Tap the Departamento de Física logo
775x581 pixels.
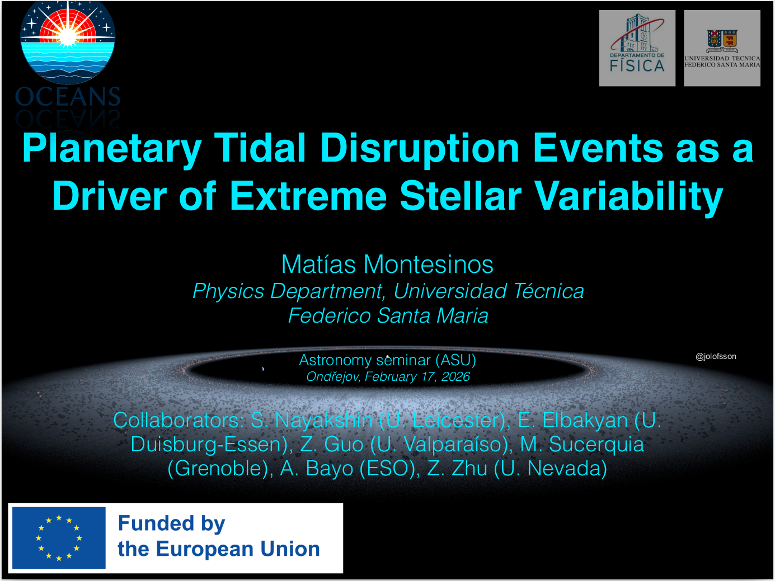(x=637, y=48)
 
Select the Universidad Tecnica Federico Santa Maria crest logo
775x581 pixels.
(x=722, y=48)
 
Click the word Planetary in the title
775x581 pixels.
(x=112, y=149)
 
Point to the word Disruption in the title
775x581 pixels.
(x=420, y=149)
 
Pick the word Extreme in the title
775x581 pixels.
(x=308, y=196)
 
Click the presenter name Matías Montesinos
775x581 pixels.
(x=387, y=264)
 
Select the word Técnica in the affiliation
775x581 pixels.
(x=548, y=291)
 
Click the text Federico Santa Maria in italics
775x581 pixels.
(x=388, y=315)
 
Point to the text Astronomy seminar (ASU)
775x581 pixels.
(x=387, y=360)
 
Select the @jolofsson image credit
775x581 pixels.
(x=716, y=357)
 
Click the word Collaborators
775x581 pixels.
(x=179, y=421)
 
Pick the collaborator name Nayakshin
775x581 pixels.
(x=324, y=421)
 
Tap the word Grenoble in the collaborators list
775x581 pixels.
(x=219, y=469)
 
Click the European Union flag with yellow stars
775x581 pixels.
(x=59, y=539)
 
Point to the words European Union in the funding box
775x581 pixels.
(x=238, y=549)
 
